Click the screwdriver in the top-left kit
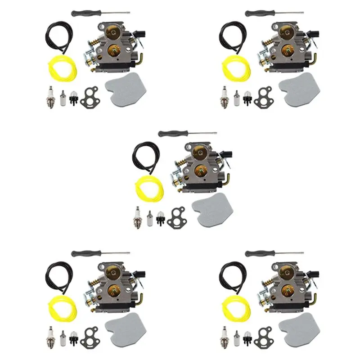[x=100, y=13]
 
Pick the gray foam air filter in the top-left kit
[x=125, y=92]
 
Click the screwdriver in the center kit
[x=187, y=134]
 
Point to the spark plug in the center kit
[x=136, y=217]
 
